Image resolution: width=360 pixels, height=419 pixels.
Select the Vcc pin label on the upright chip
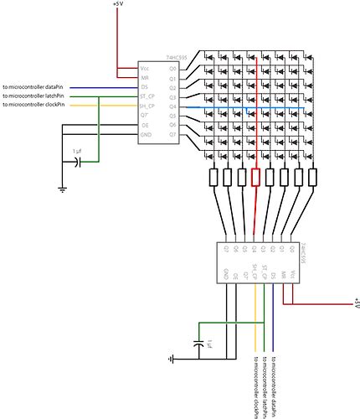(x=146, y=69)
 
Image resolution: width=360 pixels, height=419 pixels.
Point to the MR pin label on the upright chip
(x=146, y=78)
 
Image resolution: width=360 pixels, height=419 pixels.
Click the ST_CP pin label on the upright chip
(x=147, y=97)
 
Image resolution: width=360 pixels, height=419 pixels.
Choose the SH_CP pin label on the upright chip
(x=147, y=106)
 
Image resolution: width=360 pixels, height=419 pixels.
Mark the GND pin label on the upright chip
(x=147, y=135)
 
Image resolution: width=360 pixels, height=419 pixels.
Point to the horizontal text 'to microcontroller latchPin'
(x=34, y=96)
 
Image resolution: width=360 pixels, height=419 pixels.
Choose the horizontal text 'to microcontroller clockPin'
(x=34, y=106)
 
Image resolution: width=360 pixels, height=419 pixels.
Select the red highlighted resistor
(x=255, y=178)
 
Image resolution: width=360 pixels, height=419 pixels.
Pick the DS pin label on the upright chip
(x=146, y=87)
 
